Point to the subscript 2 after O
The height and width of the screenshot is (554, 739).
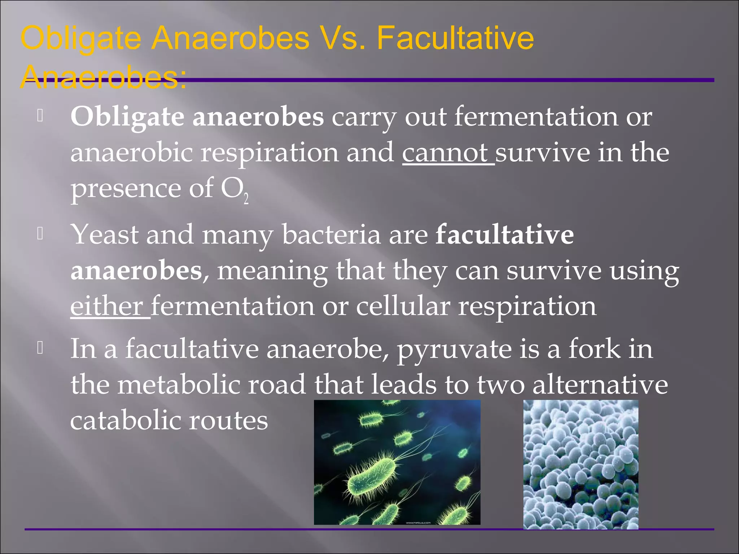point(246,199)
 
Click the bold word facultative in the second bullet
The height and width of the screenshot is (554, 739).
point(504,235)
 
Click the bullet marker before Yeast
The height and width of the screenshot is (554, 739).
point(40,234)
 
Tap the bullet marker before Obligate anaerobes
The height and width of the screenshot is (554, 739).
point(40,116)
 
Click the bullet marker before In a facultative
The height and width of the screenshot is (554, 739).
point(40,348)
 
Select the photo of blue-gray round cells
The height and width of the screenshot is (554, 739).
point(581,464)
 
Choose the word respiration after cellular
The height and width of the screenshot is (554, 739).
point(527,307)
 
